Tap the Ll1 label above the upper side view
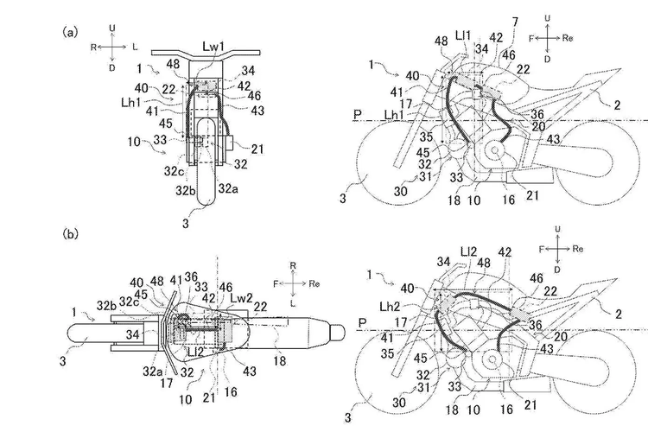[463, 34]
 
